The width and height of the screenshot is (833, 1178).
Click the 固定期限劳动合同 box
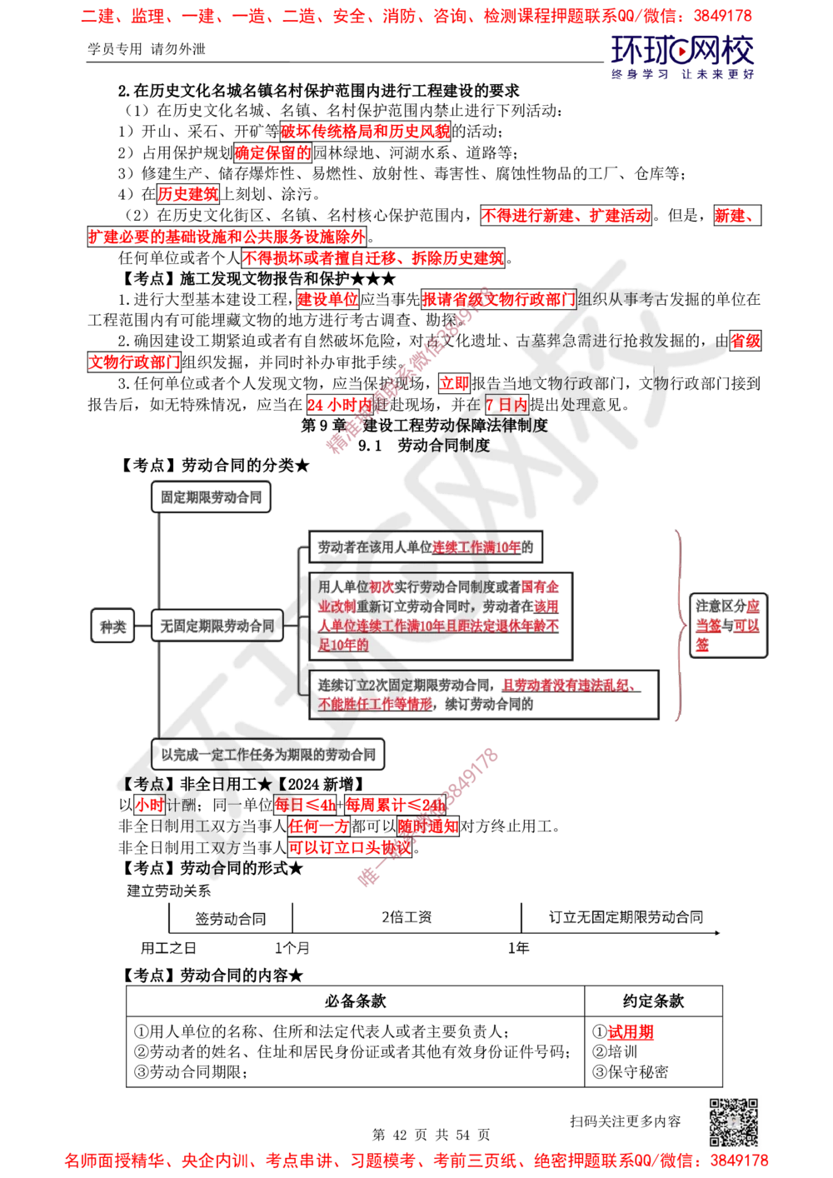tap(212, 498)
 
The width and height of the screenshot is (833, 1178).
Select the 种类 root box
tap(112, 625)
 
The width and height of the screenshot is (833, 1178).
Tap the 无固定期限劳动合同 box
tap(217, 625)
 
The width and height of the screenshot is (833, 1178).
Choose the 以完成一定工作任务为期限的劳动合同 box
tap(268, 755)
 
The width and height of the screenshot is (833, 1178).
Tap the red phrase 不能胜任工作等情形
tap(376, 704)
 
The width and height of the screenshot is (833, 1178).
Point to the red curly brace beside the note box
tap(681, 625)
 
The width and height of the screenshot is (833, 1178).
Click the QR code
tap(732, 1121)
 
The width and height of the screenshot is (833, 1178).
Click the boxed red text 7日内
tap(507, 405)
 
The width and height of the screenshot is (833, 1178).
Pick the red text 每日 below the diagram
tap(288, 805)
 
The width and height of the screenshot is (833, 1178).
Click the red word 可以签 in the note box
tap(746, 625)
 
